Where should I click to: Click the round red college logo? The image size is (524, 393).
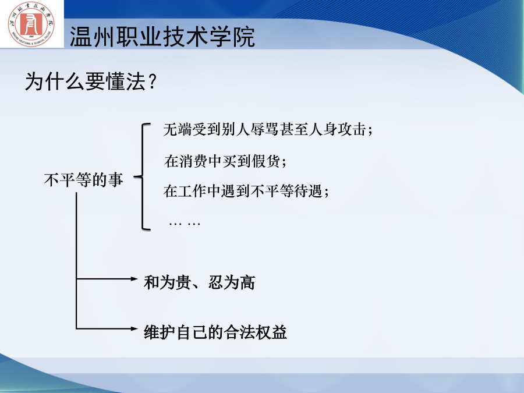point(31,24)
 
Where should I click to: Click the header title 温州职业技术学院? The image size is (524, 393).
point(162,37)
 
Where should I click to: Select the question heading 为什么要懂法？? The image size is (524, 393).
point(91,81)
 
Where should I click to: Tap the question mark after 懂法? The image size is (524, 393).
point(152,81)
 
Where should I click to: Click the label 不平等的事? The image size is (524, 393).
point(83,180)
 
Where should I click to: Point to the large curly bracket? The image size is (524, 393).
point(143,177)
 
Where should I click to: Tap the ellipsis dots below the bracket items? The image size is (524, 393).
point(185,223)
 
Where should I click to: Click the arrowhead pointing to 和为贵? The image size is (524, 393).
point(134,278)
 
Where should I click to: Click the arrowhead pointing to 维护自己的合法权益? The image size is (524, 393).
point(134,328)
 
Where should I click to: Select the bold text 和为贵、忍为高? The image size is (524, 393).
point(200,282)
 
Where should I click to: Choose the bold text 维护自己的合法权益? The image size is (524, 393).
point(215,332)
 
